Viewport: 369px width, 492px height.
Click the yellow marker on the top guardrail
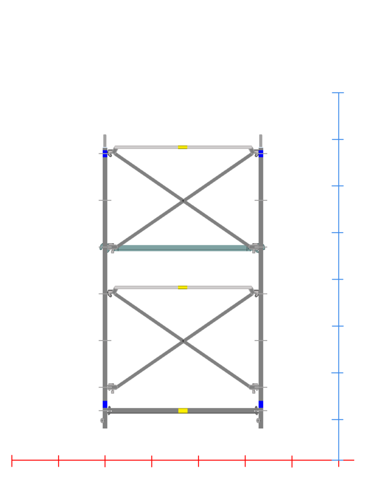point(183,147)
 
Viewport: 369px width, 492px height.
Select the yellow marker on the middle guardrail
point(183,287)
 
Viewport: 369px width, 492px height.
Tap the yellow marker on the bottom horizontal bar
point(183,410)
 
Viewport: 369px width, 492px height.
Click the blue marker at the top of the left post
point(105,154)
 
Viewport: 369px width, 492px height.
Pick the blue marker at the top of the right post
point(261,154)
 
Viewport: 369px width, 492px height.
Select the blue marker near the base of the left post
point(105,404)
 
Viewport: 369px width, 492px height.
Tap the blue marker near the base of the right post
point(261,404)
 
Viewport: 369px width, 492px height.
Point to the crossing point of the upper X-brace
point(183,201)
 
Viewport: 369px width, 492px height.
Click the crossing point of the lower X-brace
point(183,341)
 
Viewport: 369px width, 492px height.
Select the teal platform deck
point(183,247)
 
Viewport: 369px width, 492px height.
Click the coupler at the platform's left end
point(111,247)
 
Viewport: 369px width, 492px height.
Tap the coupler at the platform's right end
point(254,247)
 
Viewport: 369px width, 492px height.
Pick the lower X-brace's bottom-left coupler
point(111,387)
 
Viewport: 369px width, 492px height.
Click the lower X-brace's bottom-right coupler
point(254,387)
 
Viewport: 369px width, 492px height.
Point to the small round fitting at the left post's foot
point(102,420)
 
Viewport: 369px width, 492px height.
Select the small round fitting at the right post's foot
point(258,420)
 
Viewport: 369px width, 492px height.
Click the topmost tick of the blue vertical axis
point(338,93)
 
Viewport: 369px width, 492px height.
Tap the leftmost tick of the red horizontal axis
point(12,460)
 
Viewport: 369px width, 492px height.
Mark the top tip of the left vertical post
point(105,135)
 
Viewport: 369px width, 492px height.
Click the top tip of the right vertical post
point(261,135)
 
